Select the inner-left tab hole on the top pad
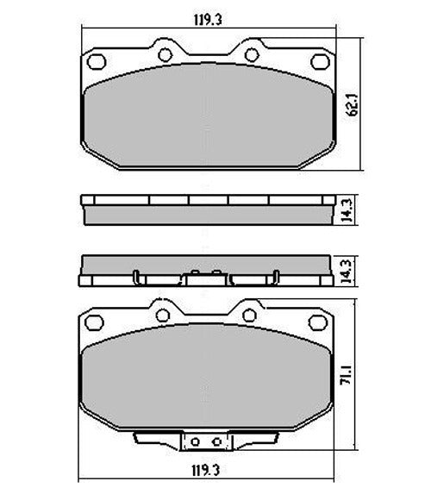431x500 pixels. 162,54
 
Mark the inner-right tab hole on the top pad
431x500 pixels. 251,54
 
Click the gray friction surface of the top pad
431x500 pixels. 206,116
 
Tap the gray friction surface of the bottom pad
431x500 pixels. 206,379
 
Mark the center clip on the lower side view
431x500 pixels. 206,277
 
